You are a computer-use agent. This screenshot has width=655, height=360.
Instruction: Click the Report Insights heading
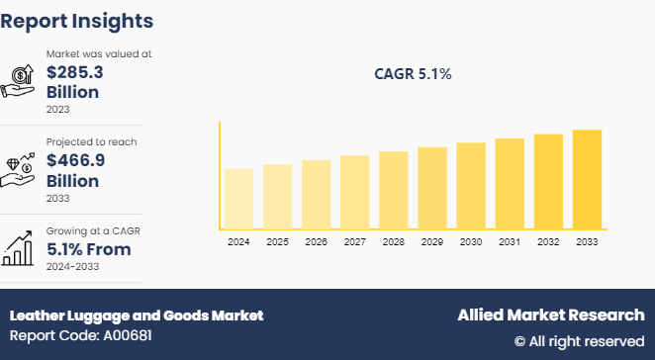(x=77, y=21)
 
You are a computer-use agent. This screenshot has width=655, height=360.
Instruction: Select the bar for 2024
(x=238, y=198)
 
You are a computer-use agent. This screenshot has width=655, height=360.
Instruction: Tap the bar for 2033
(x=587, y=179)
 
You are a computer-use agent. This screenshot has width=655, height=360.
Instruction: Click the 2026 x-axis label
(x=316, y=242)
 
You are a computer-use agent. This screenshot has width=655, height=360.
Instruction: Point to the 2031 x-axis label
(x=510, y=242)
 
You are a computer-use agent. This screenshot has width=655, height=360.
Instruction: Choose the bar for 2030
(x=471, y=185)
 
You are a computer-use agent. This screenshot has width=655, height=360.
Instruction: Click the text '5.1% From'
(x=88, y=250)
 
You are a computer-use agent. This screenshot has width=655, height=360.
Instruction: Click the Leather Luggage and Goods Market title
(x=137, y=315)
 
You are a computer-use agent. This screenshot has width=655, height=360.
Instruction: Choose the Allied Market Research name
(x=550, y=315)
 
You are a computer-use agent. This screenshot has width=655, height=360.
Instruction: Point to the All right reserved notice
(x=579, y=341)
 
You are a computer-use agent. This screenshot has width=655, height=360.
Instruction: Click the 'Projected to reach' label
(x=91, y=142)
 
